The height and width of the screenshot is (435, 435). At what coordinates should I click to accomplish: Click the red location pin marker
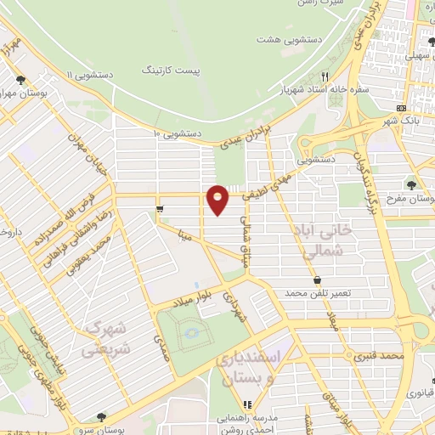pos(218,199)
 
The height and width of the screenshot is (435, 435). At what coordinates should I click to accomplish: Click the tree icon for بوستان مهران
pos(20,81)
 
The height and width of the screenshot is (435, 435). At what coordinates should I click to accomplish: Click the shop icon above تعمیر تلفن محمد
pos(317,280)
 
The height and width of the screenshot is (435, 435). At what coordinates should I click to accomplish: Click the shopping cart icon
pos(160,207)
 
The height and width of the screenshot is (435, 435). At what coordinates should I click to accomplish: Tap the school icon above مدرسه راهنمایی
pos(247,405)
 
